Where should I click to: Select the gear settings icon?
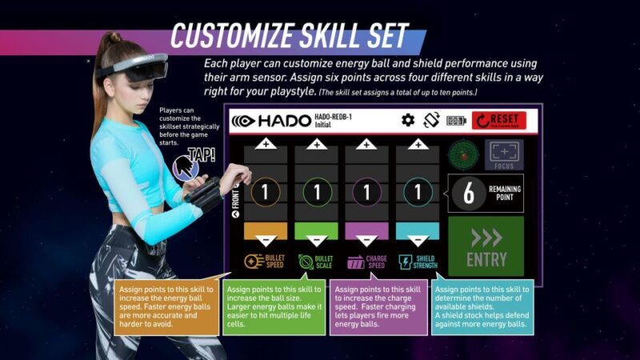coord(408,121)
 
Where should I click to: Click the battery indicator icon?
coord(456,121)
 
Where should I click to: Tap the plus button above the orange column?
coord(265,145)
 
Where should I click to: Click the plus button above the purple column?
coord(366,145)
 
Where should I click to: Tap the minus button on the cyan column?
coord(418,239)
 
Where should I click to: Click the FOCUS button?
coord(503,154)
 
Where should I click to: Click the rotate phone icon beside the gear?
coord(432,121)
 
